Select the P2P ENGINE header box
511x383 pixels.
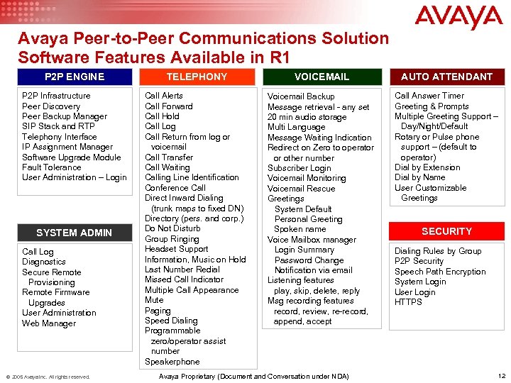(x=74, y=77)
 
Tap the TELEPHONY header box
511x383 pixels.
(x=197, y=77)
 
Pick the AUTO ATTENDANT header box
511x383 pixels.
(x=446, y=77)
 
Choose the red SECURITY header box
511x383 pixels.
(x=446, y=231)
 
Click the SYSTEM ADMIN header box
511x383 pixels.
(x=74, y=233)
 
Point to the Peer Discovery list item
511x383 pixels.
(x=51, y=106)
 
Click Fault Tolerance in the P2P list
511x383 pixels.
(x=52, y=167)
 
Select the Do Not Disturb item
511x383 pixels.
(x=172, y=228)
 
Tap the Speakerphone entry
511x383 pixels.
(x=172, y=362)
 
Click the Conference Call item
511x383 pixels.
(x=175, y=188)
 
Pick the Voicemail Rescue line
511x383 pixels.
(x=301, y=189)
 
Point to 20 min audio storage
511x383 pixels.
(x=307, y=117)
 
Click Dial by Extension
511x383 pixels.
(x=427, y=167)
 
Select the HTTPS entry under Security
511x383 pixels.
(x=408, y=302)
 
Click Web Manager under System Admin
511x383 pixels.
(x=48, y=323)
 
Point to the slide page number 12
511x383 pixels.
(x=502, y=376)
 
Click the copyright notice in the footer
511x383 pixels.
(x=48, y=377)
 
